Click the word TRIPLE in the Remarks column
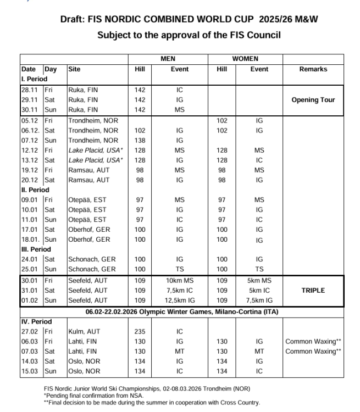pyautogui.click(x=313, y=291)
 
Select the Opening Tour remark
pyautogui.click(x=313, y=100)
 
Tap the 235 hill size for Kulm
pyautogui.click(x=140, y=331)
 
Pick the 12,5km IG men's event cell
pyautogui.click(x=179, y=300)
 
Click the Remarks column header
pyautogui.click(x=313, y=69)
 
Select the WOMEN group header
pyautogui.click(x=245, y=59)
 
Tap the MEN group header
pyautogui.click(x=168, y=59)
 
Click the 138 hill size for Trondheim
pyautogui.click(x=140, y=141)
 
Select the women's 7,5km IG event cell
pyautogui.click(x=259, y=300)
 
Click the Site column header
pyautogui.click(x=74, y=69)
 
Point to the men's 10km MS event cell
pyautogui.click(x=179, y=280)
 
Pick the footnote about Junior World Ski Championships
pyautogui.click(x=147, y=389)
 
